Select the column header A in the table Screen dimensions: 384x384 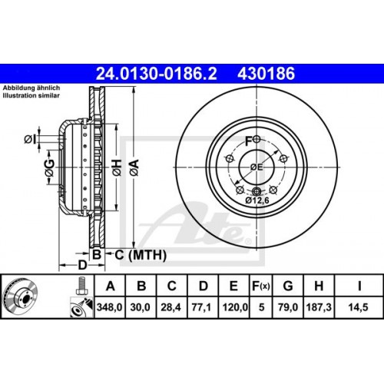111,287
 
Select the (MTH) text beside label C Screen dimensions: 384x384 136,255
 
